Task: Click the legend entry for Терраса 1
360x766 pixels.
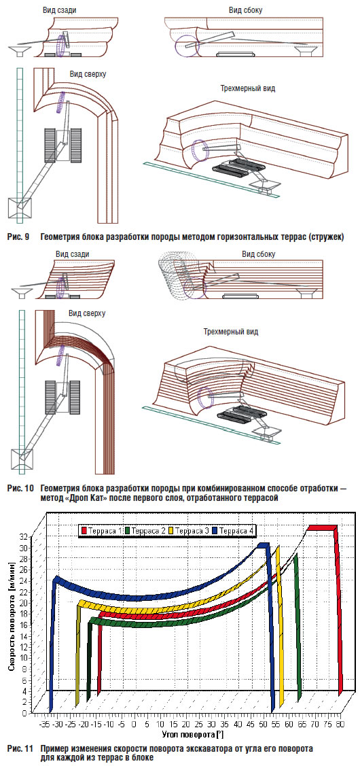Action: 101,530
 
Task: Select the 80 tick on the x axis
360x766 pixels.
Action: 338,725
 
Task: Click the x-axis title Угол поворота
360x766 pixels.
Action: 191,735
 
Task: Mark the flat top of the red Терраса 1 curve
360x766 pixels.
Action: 322,527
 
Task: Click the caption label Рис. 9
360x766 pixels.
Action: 18,237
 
